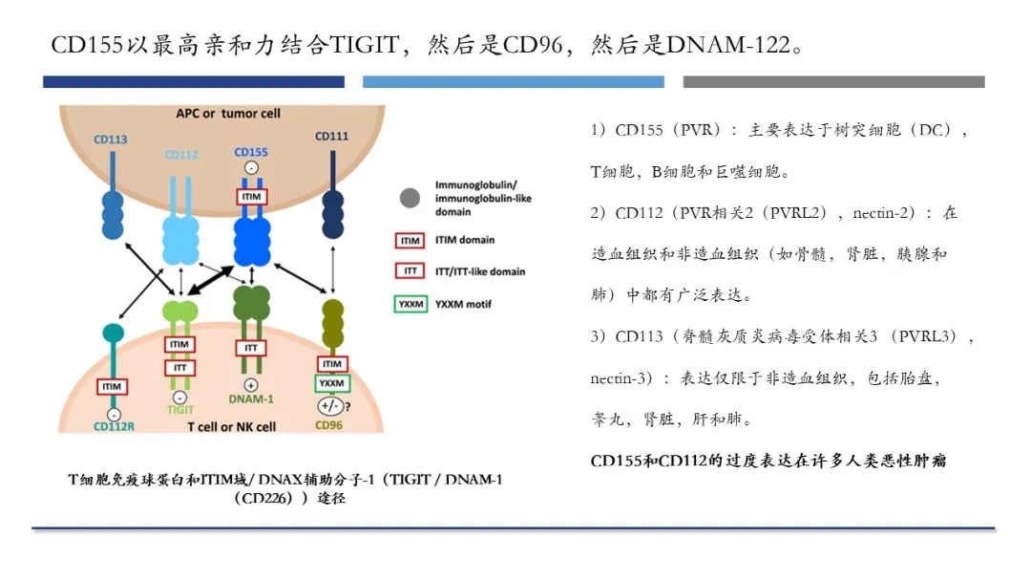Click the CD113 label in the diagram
pos(111,140)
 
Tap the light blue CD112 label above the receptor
pos(181,155)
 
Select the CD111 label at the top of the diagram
pos(331,137)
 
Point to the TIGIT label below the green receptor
pos(180,409)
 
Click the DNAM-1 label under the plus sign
pos(252,398)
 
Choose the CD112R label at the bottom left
pos(114,426)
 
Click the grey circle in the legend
pos(410,198)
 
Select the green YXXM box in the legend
pos(410,304)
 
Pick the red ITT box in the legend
pos(410,271)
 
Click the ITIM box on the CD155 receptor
pos(252,196)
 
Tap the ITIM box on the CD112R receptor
pos(113,387)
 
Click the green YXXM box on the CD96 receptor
pos(332,383)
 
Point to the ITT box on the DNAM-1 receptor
pos(251,348)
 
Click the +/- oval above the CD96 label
pos(332,406)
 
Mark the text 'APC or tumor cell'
pos(228,113)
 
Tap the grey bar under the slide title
pos(833,82)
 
